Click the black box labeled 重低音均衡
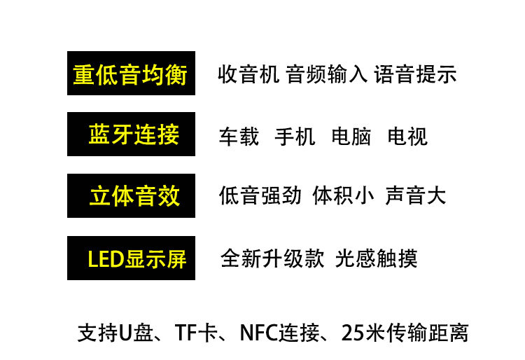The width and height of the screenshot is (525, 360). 131,74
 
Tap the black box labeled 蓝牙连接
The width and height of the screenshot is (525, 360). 131,134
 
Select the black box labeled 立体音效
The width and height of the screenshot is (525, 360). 131,196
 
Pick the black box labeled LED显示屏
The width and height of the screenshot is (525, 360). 131,258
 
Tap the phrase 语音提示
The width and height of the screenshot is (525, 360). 415,74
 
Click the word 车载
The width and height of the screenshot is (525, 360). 239,136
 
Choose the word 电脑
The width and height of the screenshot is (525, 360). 351,136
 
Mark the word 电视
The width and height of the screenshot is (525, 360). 407,136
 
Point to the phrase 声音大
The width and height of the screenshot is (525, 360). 415,195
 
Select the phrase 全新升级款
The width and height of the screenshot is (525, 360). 272,258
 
